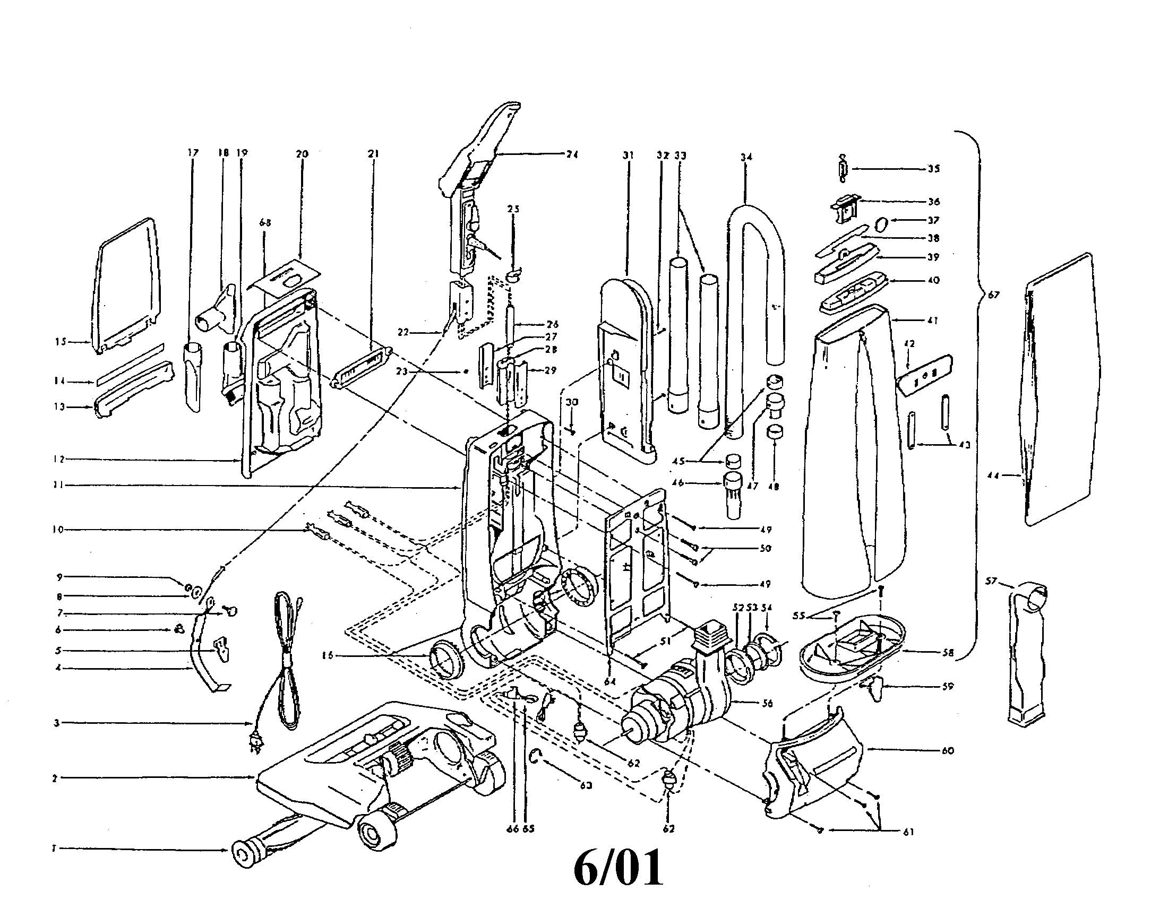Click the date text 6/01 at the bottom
coord(618,869)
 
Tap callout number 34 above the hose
coord(746,157)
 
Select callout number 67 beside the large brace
coord(994,295)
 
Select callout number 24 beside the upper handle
coord(572,154)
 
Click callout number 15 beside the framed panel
coord(60,342)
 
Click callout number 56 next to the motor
coord(767,703)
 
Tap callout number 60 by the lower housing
coord(948,750)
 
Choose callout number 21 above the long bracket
coord(373,154)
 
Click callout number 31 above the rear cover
coord(628,155)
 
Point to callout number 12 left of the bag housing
coord(59,459)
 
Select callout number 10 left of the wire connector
coord(58,530)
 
